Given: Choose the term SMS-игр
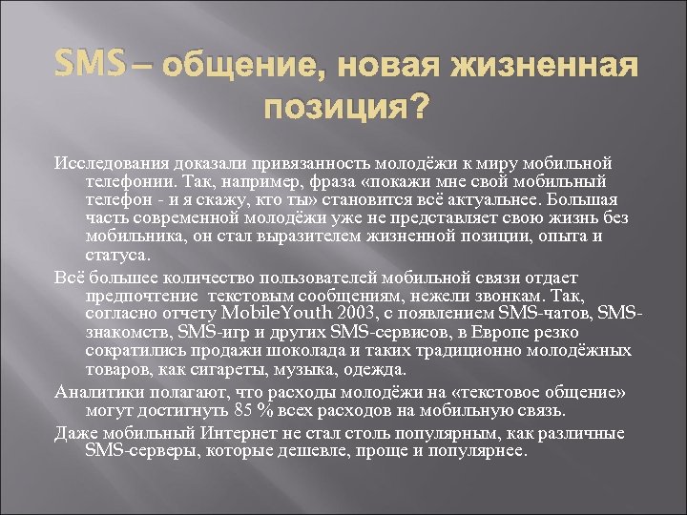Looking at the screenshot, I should coord(226,332).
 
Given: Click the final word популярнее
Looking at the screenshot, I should coord(476,450).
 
